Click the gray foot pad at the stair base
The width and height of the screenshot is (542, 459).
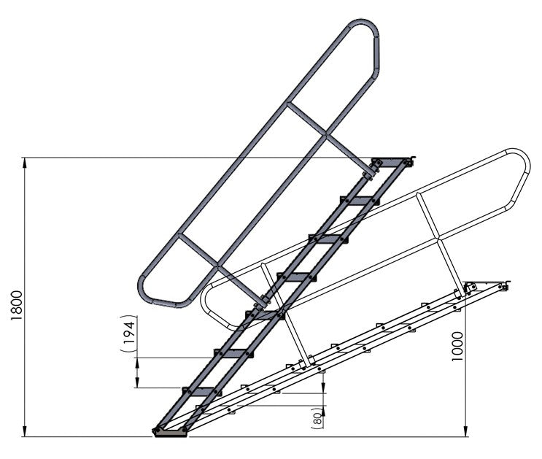[170, 433]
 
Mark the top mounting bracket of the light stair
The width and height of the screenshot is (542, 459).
[485, 285]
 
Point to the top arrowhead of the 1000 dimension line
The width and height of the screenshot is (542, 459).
[466, 287]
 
